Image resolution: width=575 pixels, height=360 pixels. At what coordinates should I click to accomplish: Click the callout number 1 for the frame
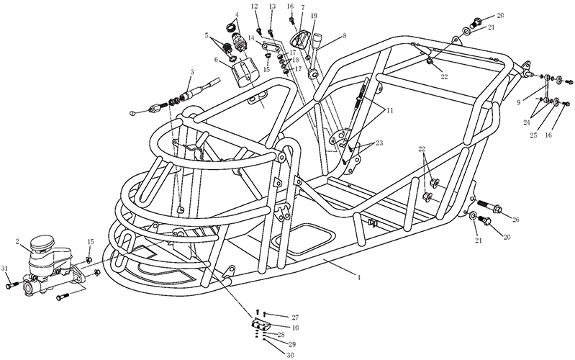[x=359, y=277]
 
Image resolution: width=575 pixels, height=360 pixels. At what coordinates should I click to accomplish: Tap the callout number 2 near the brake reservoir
[x=17, y=241]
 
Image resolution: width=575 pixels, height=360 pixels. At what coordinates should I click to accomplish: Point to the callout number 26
[x=515, y=220]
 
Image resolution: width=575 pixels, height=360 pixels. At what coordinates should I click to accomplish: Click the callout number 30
[x=291, y=355]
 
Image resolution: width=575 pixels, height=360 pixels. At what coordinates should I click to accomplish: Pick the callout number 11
[x=389, y=110]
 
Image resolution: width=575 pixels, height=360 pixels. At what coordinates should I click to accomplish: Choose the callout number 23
[x=379, y=143]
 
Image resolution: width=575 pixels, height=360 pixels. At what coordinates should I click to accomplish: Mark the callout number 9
[x=519, y=103]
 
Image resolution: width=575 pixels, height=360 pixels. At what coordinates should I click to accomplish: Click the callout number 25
[x=533, y=135]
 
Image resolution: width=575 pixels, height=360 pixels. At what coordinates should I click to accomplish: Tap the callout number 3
[x=191, y=72]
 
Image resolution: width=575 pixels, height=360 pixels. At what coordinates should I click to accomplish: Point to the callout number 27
[x=295, y=318]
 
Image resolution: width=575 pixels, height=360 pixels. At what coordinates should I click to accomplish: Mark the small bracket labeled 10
[x=261, y=325]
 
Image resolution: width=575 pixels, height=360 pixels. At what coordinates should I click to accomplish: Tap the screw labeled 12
[x=259, y=30]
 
